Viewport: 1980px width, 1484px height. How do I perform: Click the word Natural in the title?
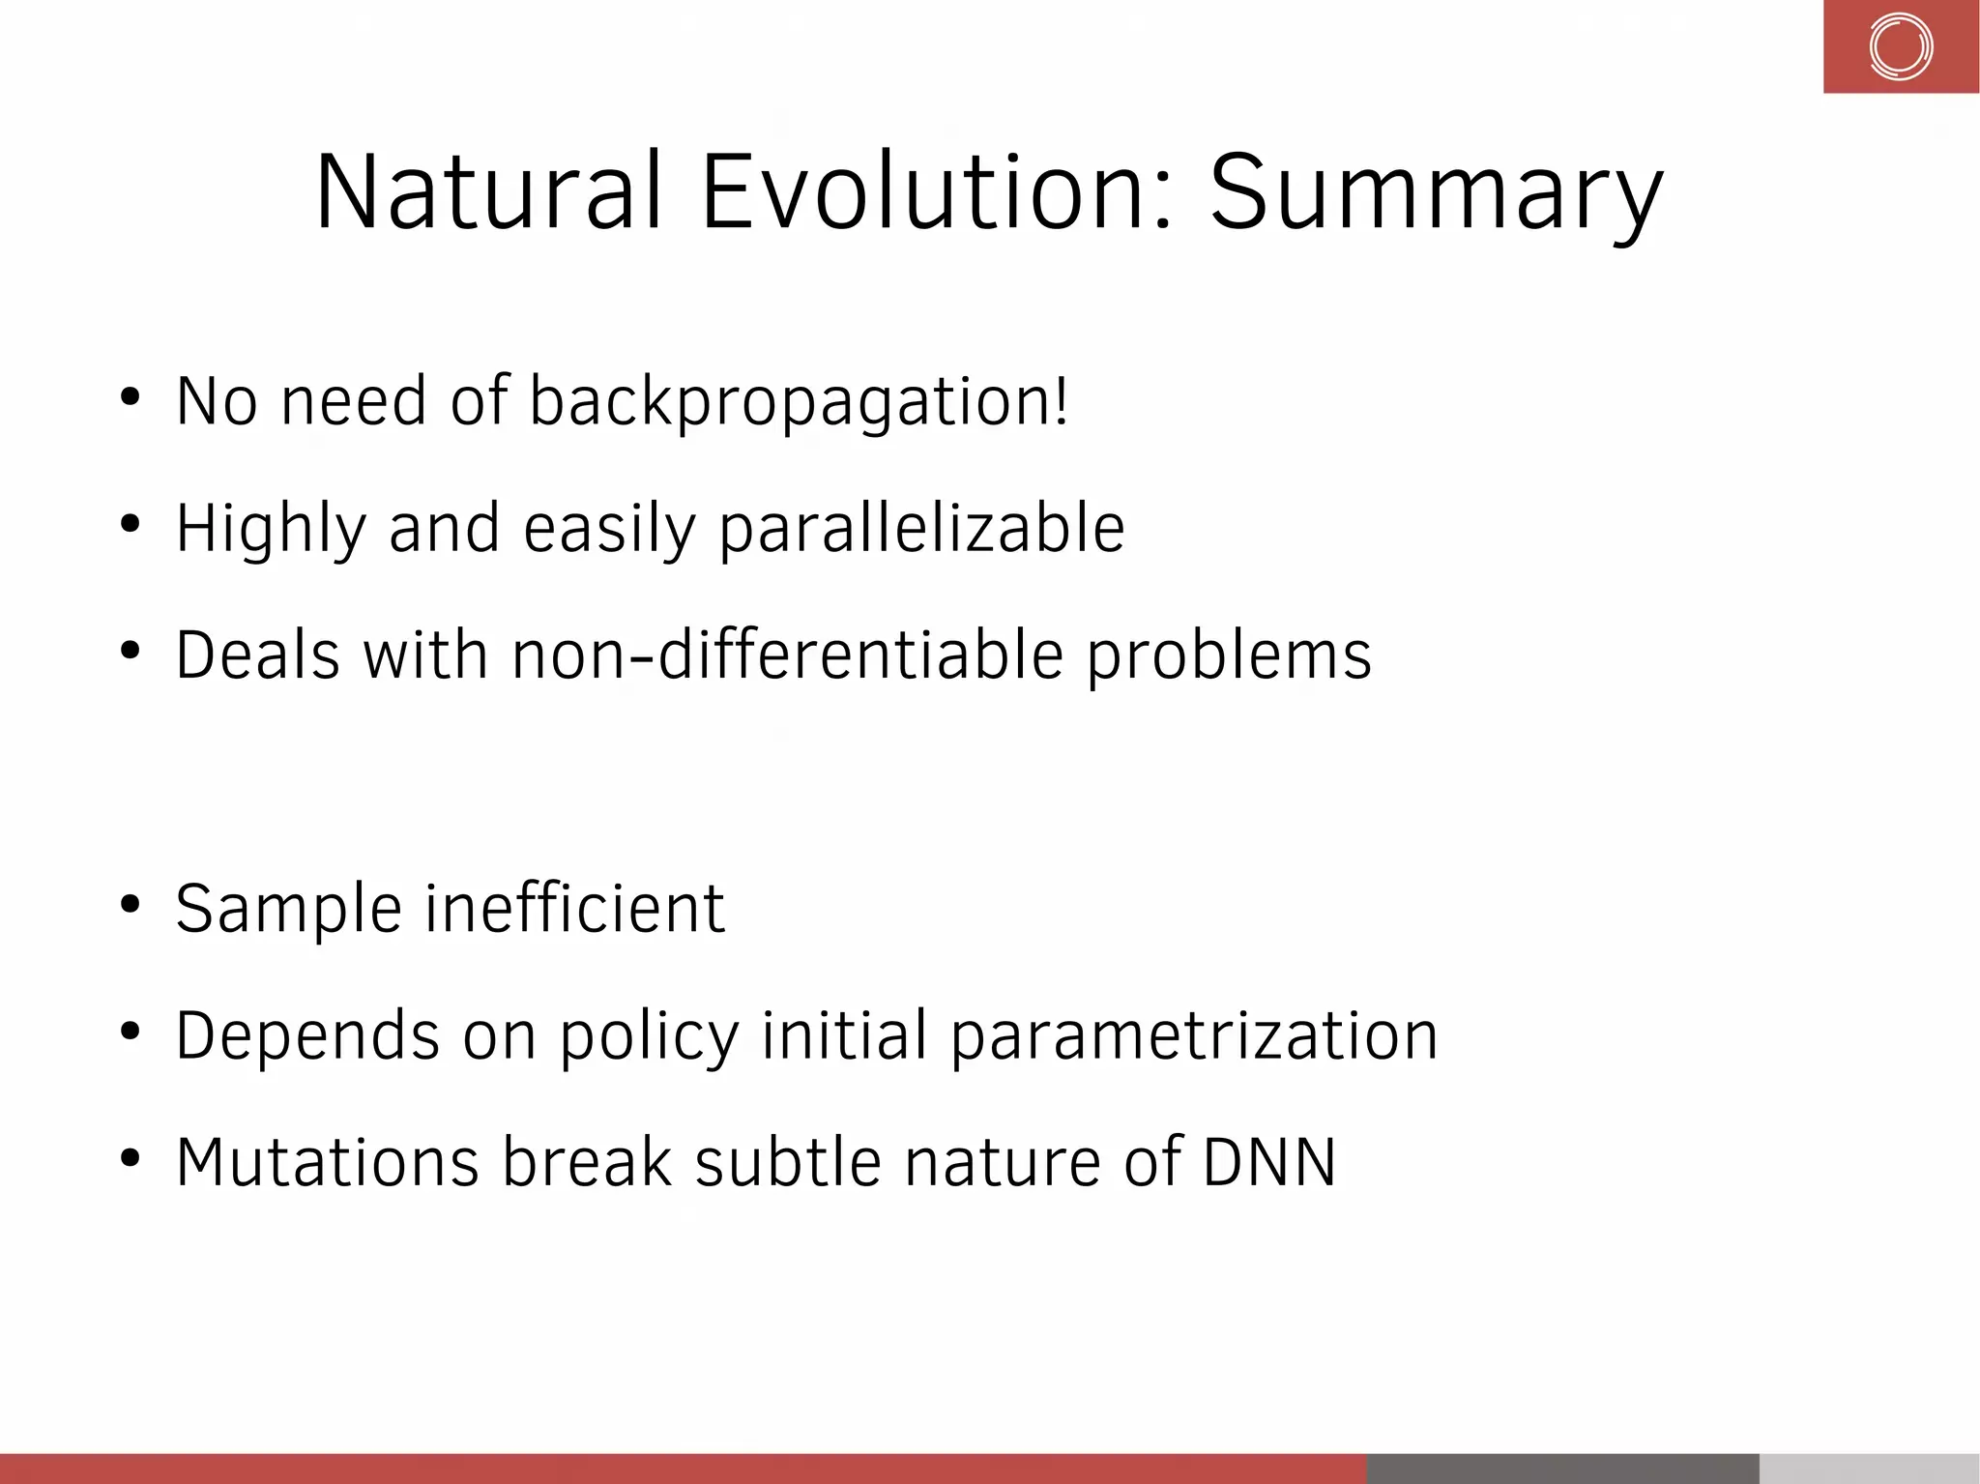point(488,192)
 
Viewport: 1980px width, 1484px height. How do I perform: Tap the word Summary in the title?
point(1436,197)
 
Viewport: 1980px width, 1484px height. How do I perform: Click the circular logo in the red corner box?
point(1900,46)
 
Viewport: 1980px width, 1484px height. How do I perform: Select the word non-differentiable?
point(788,655)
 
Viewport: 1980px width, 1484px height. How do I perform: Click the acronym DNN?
point(1269,1162)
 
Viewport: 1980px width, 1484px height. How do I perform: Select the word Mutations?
point(328,1162)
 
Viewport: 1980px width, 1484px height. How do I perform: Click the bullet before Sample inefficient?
point(131,905)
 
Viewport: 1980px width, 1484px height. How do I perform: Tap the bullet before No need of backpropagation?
point(131,397)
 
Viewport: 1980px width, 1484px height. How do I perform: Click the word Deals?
point(258,655)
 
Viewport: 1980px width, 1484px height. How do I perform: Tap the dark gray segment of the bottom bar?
point(1562,1469)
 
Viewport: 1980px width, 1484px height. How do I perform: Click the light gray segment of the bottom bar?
point(1869,1469)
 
